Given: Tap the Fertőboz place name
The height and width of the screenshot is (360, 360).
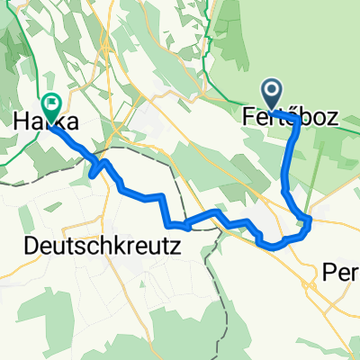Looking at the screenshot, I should [296, 117].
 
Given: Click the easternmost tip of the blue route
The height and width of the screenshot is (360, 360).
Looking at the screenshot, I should [310, 219].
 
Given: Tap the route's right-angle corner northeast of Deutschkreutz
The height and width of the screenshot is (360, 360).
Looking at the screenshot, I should [162, 195].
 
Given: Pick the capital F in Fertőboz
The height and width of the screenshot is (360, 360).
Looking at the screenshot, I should [248, 117].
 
